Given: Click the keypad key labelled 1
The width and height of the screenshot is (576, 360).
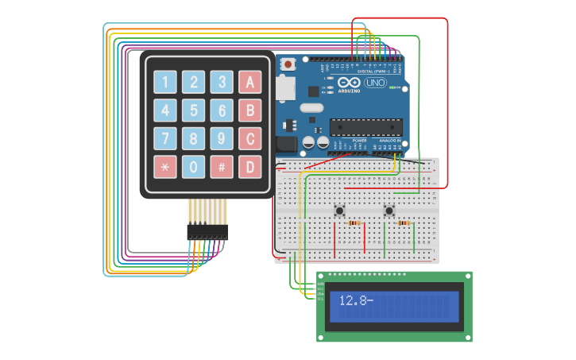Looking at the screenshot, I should (165, 82).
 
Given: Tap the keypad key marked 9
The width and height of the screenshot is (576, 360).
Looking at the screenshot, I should (222, 139).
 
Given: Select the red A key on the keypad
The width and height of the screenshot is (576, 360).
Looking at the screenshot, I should (250, 82).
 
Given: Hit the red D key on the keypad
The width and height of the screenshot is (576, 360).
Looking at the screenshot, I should (250, 168).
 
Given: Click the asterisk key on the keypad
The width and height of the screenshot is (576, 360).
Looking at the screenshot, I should (165, 168).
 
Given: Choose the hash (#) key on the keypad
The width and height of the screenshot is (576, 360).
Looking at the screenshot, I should (222, 168).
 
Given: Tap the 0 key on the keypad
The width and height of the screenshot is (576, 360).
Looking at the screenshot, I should (193, 168).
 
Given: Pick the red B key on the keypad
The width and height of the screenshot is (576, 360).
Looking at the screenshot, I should (250, 110).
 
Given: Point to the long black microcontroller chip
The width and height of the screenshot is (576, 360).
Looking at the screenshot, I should (365, 126).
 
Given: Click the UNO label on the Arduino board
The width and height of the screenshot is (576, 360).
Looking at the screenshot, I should (374, 83).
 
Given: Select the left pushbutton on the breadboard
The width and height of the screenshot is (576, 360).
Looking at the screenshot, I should (339, 211).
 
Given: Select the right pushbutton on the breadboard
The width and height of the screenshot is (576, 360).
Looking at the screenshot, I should (389, 211).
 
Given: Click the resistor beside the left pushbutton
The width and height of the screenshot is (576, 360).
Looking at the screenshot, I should (354, 223).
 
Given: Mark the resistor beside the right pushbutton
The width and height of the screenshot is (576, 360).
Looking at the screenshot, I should (404, 223).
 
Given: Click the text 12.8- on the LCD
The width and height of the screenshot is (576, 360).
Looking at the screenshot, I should (355, 300).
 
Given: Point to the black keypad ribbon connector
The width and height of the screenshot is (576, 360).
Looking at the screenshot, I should (207, 232).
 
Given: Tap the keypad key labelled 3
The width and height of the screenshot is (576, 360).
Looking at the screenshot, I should (222, 82).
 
